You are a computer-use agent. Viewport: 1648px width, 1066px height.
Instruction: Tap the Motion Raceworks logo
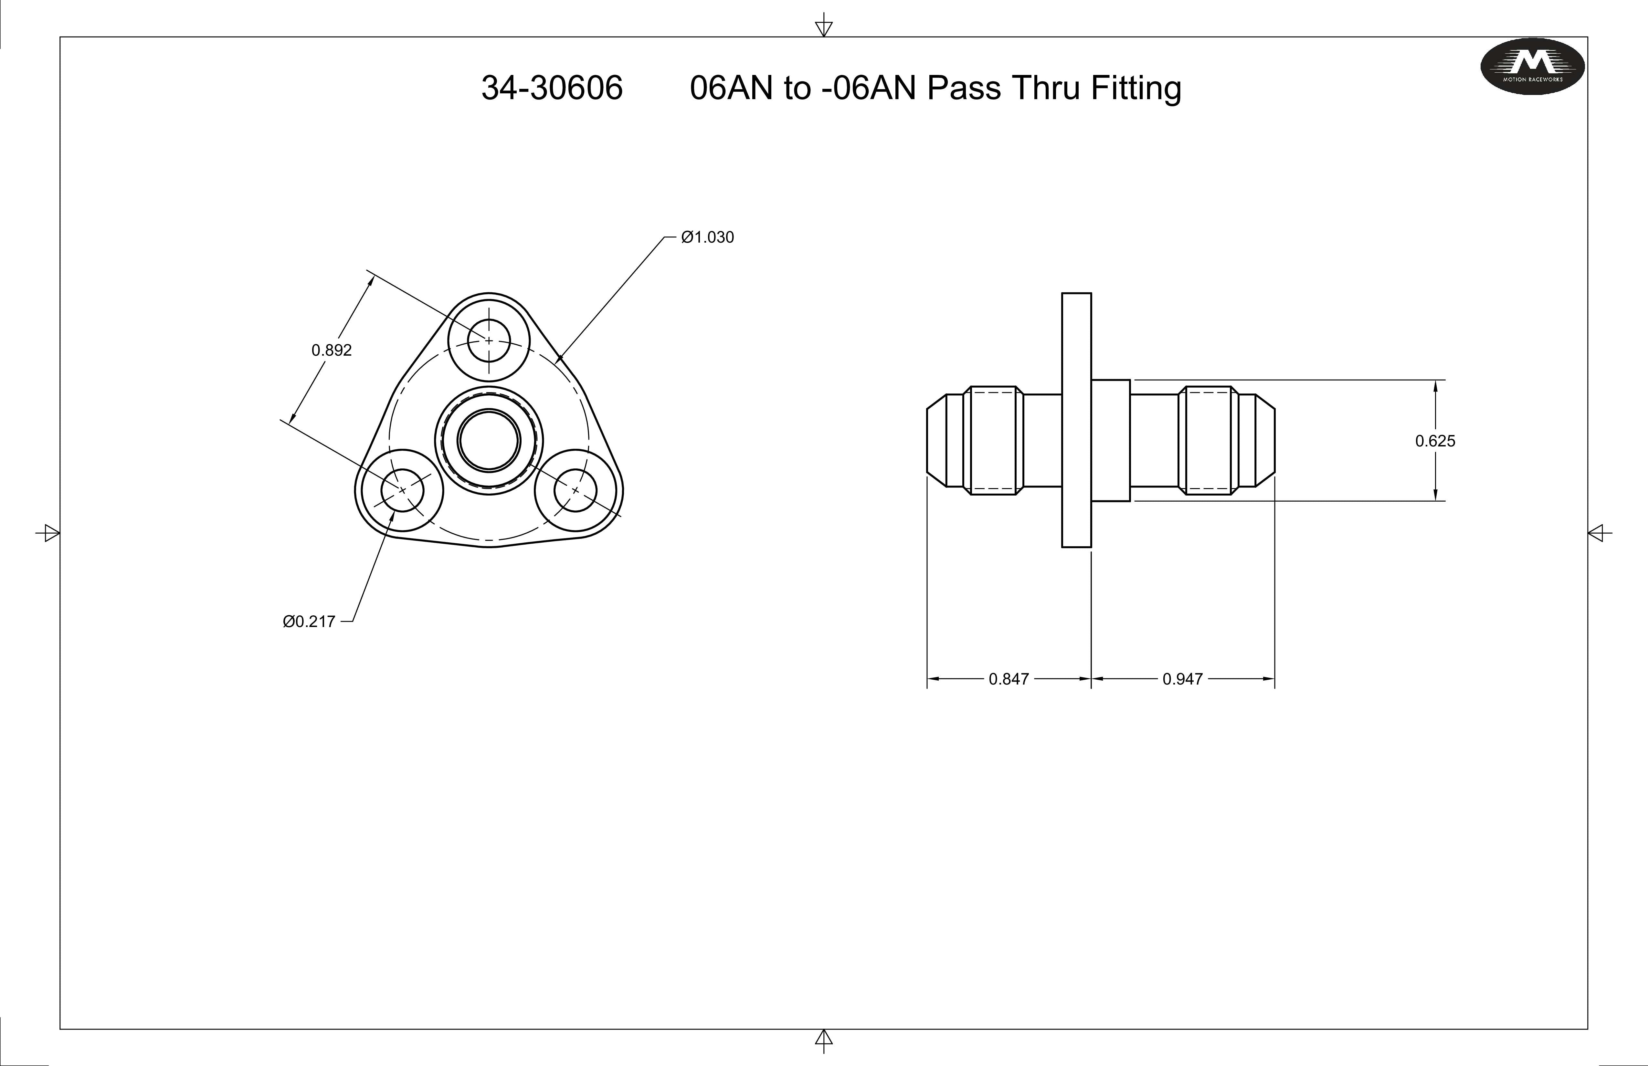1532,66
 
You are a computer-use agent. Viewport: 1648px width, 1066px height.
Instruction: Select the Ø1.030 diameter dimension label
707,237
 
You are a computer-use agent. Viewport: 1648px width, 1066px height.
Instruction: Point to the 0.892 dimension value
332,350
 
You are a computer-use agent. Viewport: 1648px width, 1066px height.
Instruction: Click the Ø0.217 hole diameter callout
309,622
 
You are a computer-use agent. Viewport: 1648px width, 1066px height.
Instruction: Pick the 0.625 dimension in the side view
1435,441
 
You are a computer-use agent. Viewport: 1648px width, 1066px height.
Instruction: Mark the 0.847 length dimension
1008,679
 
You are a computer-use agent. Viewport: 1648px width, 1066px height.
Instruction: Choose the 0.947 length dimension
1183,679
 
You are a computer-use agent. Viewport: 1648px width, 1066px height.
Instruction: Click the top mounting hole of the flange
489,340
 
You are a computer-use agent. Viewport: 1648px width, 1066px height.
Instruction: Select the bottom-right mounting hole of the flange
576,490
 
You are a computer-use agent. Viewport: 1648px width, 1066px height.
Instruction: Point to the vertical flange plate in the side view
1076,420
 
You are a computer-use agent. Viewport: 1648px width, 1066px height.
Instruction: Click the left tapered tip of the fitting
936,441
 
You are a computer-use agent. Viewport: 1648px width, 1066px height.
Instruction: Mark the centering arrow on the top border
823,28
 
